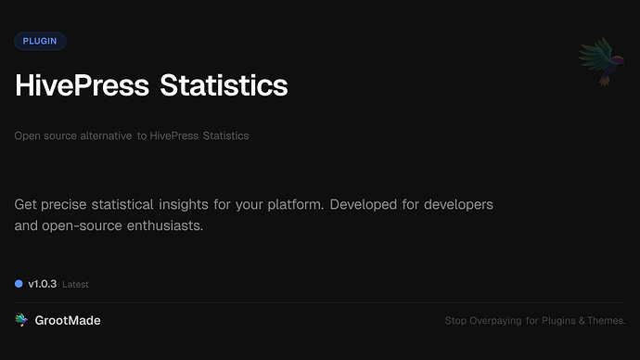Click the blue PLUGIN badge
pos(40,41)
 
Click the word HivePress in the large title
pos(83,85)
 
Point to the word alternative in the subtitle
pos(105,135)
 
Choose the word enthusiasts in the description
pos(160,225)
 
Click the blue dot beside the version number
pos(19,283)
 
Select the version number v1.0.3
pos(42,283)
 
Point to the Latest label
pos(75,284)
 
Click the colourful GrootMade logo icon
pos(21,320)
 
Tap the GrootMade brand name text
pos(68,320)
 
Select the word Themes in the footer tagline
pos(607,321)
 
